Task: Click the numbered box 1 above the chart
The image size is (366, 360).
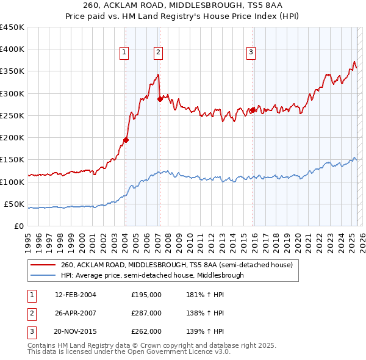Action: (124, 53)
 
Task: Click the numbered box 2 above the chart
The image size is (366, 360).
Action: (158, 53)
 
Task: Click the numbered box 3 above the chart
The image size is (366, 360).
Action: (251, 53)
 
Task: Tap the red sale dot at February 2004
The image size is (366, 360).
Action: (126, 140)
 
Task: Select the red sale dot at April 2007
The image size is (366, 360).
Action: (160, 99)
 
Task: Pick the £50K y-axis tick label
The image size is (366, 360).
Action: (14, 204)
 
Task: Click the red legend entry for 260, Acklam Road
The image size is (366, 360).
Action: (177, 265)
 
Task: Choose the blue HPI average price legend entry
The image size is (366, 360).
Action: (152, 275)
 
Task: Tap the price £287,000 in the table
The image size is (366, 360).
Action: (146, 313)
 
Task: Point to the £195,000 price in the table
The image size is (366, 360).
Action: (146, 295)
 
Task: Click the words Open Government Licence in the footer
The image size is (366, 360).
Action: (170, 352)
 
